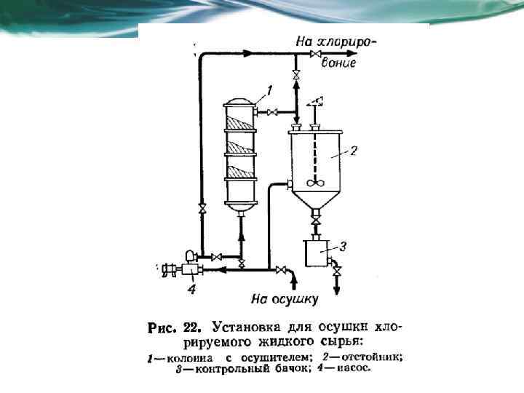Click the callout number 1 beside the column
(269, 90)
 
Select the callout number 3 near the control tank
(341, 246)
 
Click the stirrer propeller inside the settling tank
(314, 185)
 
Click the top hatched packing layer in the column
(240, 121)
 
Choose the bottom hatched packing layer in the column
(240, 172)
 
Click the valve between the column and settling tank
(271, 112)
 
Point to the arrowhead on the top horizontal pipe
(247, 53)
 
